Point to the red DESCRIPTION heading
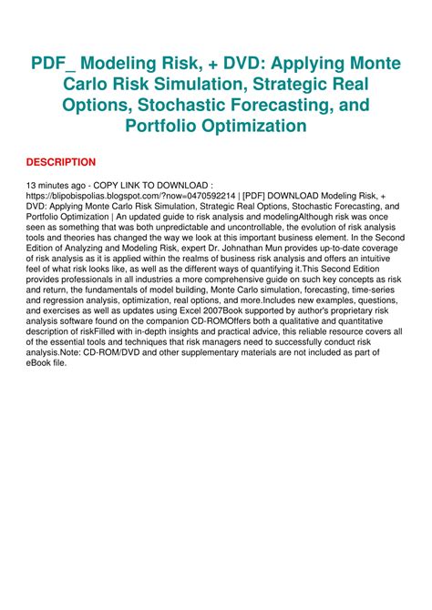click(61, 162)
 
